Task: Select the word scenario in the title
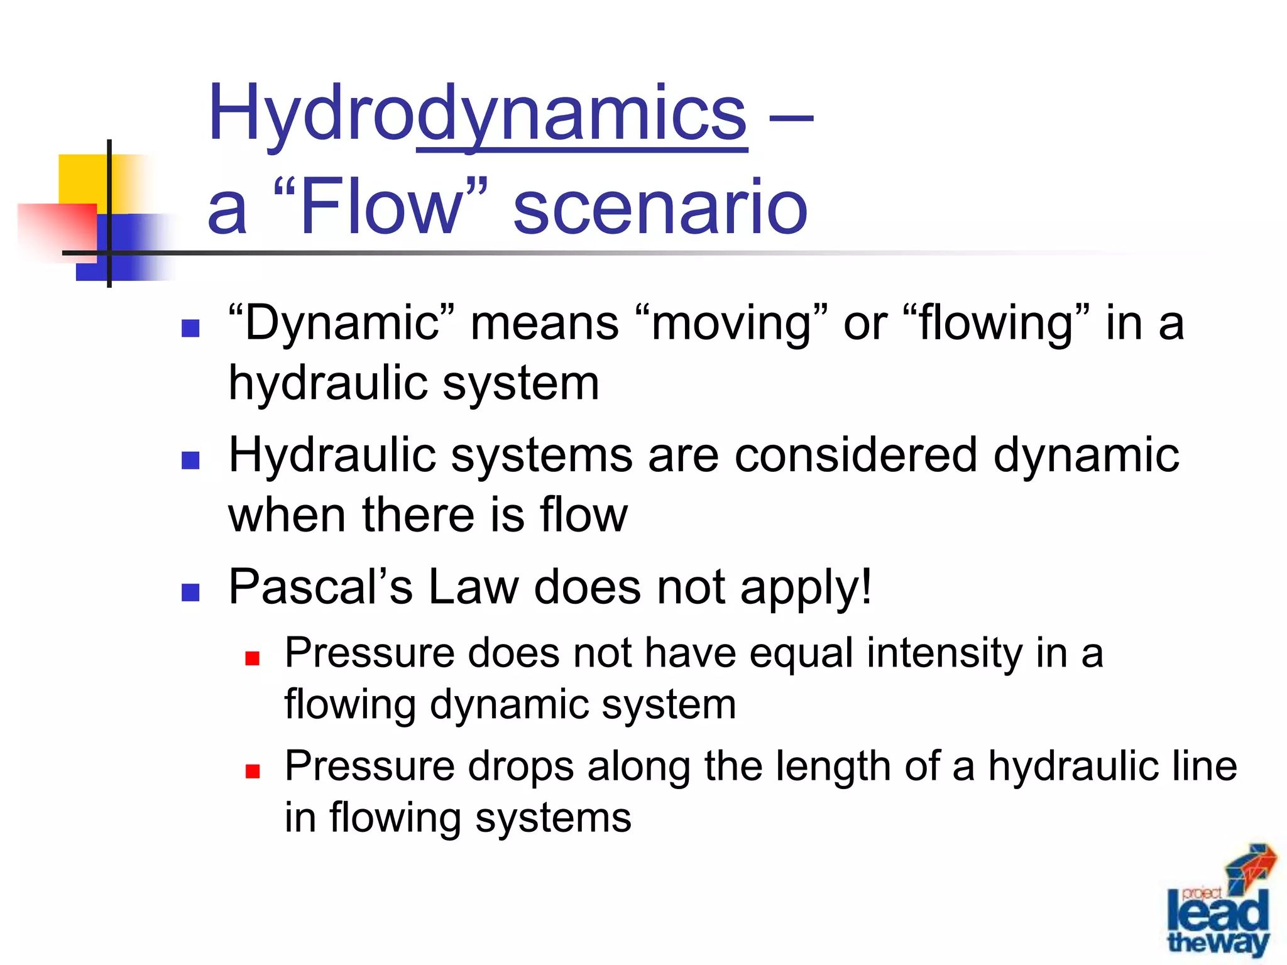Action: [660, 207]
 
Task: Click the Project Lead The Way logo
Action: [1219, 905]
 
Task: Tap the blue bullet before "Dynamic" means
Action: [190, 329]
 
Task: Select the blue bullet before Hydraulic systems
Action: [190, 461]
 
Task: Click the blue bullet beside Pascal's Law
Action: [190, 592]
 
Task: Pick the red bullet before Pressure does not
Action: [253, 658]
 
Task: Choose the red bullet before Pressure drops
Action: [253, 771]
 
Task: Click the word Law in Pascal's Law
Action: [474, 587]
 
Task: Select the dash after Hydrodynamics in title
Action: [791, 116]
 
